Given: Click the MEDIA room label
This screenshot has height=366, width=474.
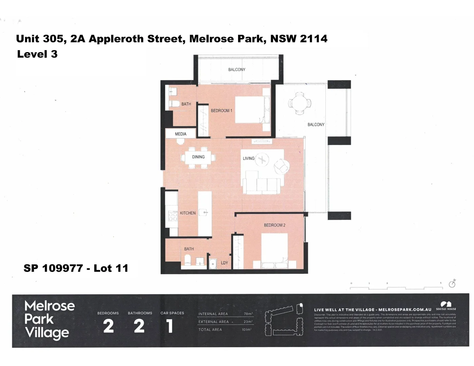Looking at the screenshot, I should pos(180,134).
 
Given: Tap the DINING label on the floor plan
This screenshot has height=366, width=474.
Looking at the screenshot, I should pos(198,157).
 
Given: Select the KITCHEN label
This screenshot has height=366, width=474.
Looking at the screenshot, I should pos(187,213).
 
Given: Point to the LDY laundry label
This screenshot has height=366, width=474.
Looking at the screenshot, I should pos(224,263).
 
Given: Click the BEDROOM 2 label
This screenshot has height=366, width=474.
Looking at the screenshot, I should pos(275,225).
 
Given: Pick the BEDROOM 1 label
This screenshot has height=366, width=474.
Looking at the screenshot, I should pos(221,110).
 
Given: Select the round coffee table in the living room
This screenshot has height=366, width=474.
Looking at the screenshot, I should pos(261,159).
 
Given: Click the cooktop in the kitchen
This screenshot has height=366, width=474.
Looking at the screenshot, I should pos(173,216).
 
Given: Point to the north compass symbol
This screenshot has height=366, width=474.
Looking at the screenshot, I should pos(452,284).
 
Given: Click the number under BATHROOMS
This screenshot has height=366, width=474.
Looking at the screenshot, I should pos(139,326).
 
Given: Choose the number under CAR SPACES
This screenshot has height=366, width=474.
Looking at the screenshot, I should pos(170,326).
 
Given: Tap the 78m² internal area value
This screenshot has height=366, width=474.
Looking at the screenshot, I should pos(248,314).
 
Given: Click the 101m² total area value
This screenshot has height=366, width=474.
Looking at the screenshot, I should pos(246,329).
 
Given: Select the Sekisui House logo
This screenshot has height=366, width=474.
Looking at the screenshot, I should pos(446,305).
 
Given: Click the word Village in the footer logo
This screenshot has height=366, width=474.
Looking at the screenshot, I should pos(47,333).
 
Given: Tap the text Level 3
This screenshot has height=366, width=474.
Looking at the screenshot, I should pos(37,54).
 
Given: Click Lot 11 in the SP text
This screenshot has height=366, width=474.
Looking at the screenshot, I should pos(111,268).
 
